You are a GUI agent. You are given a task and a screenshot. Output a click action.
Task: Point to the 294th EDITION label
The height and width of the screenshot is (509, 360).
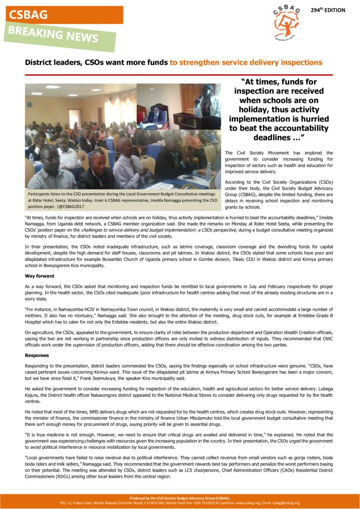(x=328, y=10)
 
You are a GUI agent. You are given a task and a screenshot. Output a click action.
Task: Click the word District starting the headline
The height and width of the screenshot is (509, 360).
(x=38, y=63)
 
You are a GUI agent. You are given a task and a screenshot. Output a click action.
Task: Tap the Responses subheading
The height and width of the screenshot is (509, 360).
(x=37, y=355)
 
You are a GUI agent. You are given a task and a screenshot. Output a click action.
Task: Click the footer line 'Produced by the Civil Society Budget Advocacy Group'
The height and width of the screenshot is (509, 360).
(x=180, y=498)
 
